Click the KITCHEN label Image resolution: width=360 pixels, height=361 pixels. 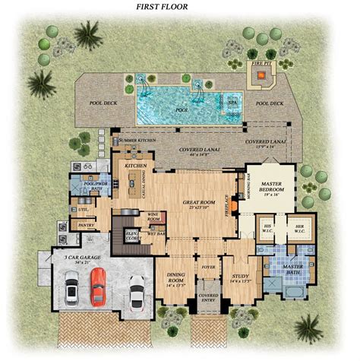(136, 164)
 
